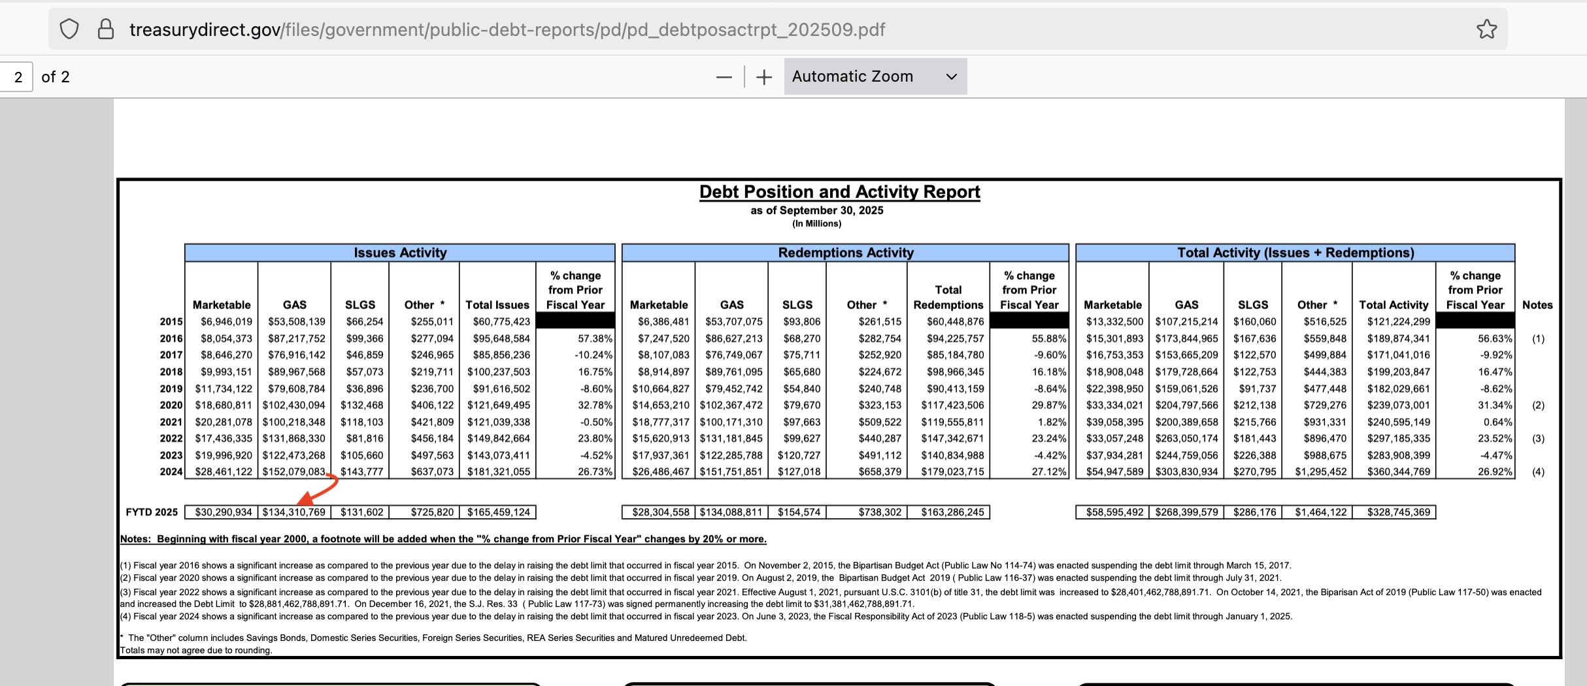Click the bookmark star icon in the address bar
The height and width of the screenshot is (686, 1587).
(x=1486, y=29)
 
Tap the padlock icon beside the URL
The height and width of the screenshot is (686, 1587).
(x=105, y=29)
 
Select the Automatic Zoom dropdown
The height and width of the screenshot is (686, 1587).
(x=875, y=76)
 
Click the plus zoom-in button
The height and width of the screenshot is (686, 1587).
(x=763, y=77)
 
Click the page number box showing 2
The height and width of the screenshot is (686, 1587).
(x=18, y=77)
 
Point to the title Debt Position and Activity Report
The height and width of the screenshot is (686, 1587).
(x=839, y=192)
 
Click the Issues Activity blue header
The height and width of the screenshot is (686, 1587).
(x=400, y=253)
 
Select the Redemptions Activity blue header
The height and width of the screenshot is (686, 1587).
(x=845, y=253)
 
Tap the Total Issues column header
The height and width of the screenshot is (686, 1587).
(x=497, y=305)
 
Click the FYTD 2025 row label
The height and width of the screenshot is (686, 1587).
(x=152, y=512)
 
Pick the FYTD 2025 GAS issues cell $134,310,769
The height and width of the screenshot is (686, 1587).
(x=294, y=512)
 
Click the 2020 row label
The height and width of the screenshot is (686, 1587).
(x=171, y=405)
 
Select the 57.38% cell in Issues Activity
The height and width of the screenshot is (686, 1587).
(x=595, y=338)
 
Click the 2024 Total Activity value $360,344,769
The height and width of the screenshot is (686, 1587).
(x=1398, y=472)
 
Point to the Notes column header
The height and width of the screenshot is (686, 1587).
(x=1537, y=305)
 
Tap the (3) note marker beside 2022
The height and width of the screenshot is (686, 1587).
(x=1538, y=438)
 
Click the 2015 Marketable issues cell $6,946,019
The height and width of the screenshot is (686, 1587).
(x=226, y=321)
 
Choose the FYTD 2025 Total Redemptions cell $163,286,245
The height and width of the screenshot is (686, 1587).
(x=952, y=512)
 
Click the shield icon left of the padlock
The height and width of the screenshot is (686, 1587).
(x=69, y=29)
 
